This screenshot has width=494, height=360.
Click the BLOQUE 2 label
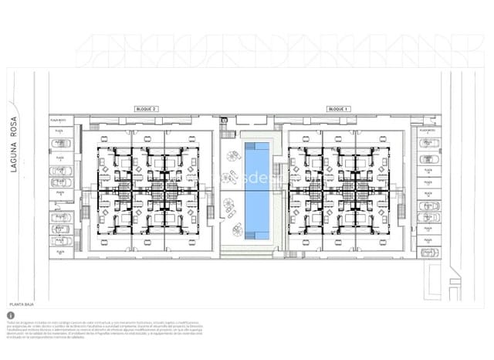coord(146,109)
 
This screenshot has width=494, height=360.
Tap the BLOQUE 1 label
coord(338,109)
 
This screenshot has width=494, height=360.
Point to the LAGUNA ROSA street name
coord(13,144)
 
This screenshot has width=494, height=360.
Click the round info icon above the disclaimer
coord(11,315)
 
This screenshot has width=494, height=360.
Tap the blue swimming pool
coord(257,189)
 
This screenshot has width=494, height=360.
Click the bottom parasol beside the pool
coord(238,229)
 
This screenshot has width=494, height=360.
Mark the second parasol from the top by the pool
coord(228,178)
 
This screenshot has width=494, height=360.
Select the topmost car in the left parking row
coord(61,143)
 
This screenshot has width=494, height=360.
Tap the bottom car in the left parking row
coord(61,241)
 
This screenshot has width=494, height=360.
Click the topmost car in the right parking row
coord(429,143)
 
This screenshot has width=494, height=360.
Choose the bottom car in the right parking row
coord(429,252)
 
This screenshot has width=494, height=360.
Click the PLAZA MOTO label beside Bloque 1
coord(428,131)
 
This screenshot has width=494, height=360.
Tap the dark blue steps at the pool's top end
coord(257,144)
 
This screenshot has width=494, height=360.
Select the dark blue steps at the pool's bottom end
coord(257,235)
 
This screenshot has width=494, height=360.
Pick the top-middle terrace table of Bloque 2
coord(147,138)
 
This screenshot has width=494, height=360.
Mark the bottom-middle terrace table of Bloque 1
coord(340,242)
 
